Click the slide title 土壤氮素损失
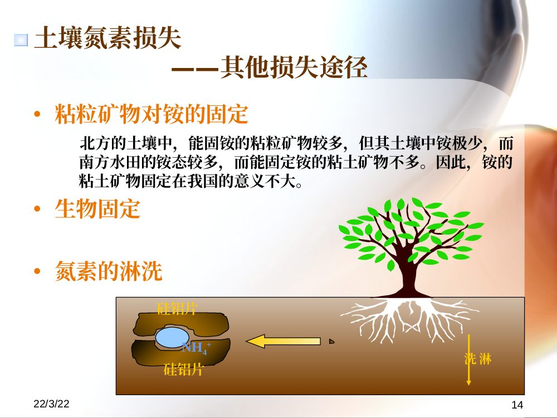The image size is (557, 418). (x=108, y=38)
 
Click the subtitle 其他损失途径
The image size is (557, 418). (x=294, y=67)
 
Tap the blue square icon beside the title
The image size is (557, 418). (x=21, y=40)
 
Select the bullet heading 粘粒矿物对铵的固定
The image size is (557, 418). (x=152, y=114)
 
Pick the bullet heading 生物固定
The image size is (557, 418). (x=97, y=208)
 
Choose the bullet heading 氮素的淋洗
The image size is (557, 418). (x=109, y=271)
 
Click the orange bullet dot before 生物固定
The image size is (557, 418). (x=37, y=208)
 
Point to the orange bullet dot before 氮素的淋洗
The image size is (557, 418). (x=37, y=271)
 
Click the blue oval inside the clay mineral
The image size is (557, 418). (x=172, y=337)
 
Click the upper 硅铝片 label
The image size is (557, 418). (x=177, y=309)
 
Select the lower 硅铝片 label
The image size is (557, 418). (x=183, y=370)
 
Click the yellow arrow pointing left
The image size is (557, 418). (x=283, y=341)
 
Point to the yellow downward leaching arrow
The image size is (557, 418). (x=468, y=359)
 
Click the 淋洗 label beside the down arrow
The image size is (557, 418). (x=478, y=359)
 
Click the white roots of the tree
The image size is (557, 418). (x=408, y=318)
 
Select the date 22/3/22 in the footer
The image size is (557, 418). (x=51, y=404)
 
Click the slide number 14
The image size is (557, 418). (x=517, y=405)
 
